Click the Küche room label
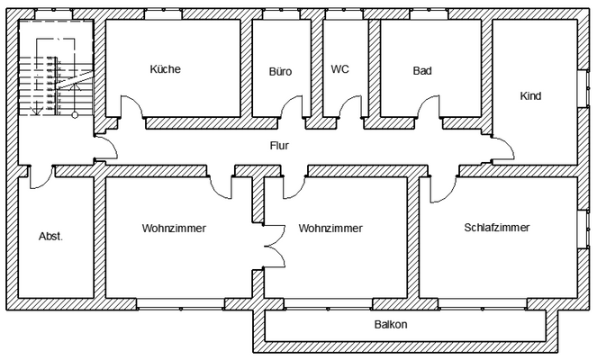pyautogui.click(x=166, y=69)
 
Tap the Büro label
pyautogui.click(x=280, y=70)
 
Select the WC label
pyautogui.click(x=339, y=69)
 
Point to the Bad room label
pyautogui.click(x=422, y=70)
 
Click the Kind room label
pyautogui.click(x=531, y=95)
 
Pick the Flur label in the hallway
pyautogui.click(x=279, y=145)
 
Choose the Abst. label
pyautogui.click(x=51, y=238)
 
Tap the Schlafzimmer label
pyautogui.click(x=496, y=228)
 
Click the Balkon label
pyautogui.click(x=391, y=325)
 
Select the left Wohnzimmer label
pyautogui.click(x=174, y=229)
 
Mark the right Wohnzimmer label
pyautogui.click(x=331, y=229)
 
